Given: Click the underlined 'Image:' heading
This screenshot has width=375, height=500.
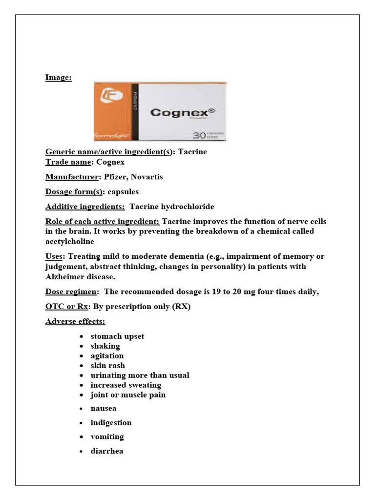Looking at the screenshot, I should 59,77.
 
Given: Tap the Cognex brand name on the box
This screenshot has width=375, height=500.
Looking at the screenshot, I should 182,112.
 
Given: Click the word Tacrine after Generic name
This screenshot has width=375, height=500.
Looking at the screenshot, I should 192,152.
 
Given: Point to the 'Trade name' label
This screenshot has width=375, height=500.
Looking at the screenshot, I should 67,162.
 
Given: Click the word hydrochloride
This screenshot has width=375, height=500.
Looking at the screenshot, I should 186,207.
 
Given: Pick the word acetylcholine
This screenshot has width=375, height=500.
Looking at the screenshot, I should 70,241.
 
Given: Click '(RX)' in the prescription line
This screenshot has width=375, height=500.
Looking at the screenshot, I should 180,307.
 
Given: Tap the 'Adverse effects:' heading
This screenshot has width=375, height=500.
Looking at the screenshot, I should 75,321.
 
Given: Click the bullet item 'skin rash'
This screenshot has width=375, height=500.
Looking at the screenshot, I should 107,365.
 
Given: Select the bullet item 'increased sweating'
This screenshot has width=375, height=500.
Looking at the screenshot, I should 125,385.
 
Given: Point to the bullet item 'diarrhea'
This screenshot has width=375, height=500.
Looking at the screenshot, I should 106,451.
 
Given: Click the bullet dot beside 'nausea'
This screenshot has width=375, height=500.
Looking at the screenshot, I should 81,409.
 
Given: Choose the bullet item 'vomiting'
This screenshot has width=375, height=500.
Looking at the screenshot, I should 107,437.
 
